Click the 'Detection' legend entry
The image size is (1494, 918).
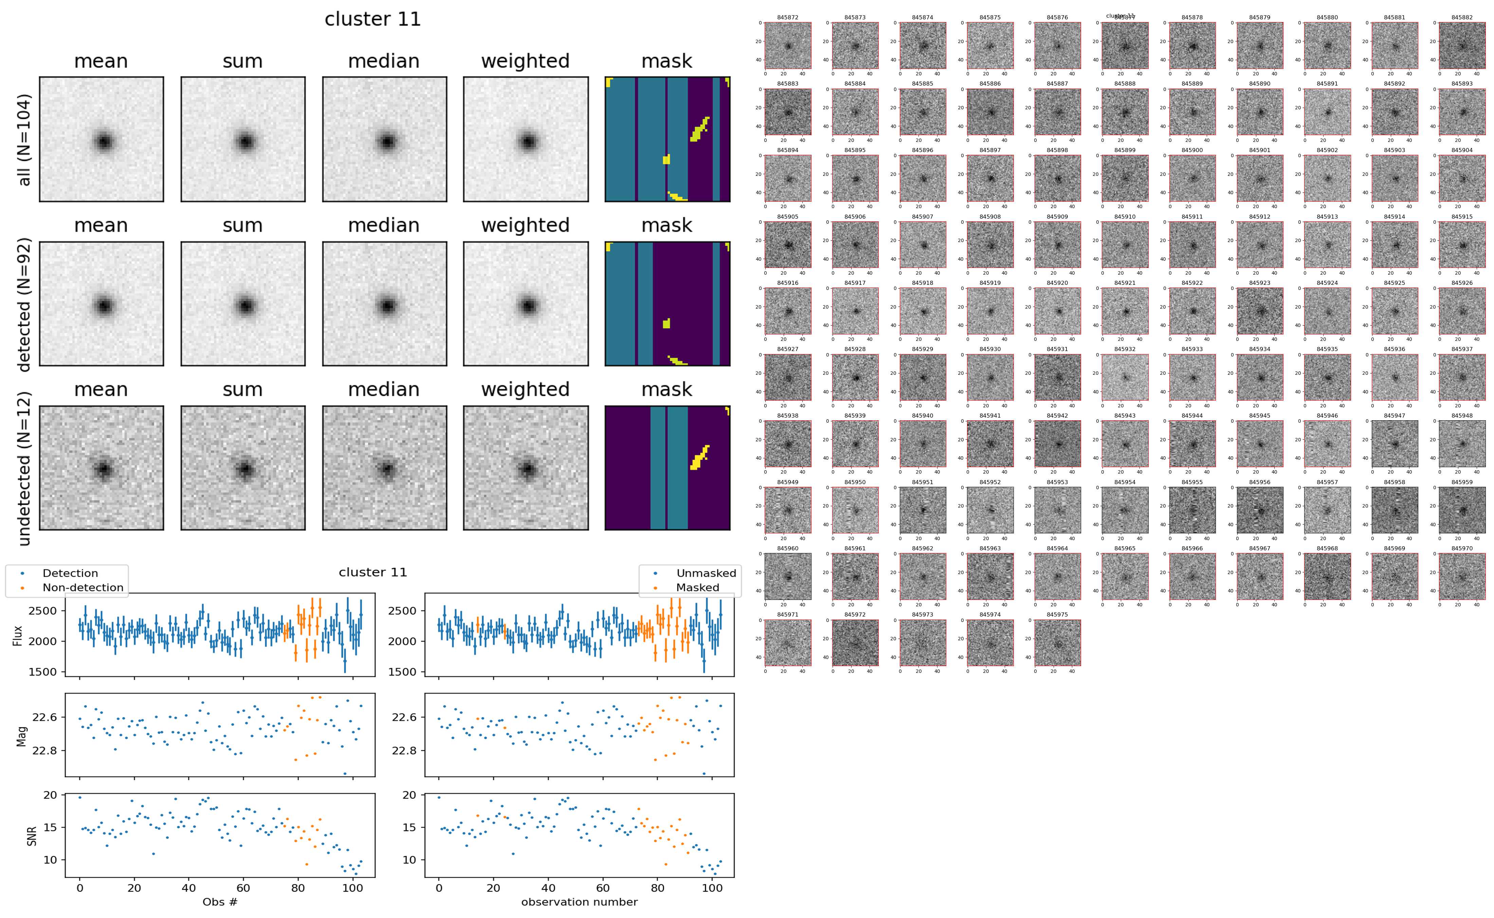point(70,573)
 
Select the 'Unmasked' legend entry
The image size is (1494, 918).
point(706,573)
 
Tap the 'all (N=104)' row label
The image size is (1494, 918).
point(24,140)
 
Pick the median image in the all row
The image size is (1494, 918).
point(384,140)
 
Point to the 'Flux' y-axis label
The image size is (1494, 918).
point(18,635)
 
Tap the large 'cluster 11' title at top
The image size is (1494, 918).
point(373,19)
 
